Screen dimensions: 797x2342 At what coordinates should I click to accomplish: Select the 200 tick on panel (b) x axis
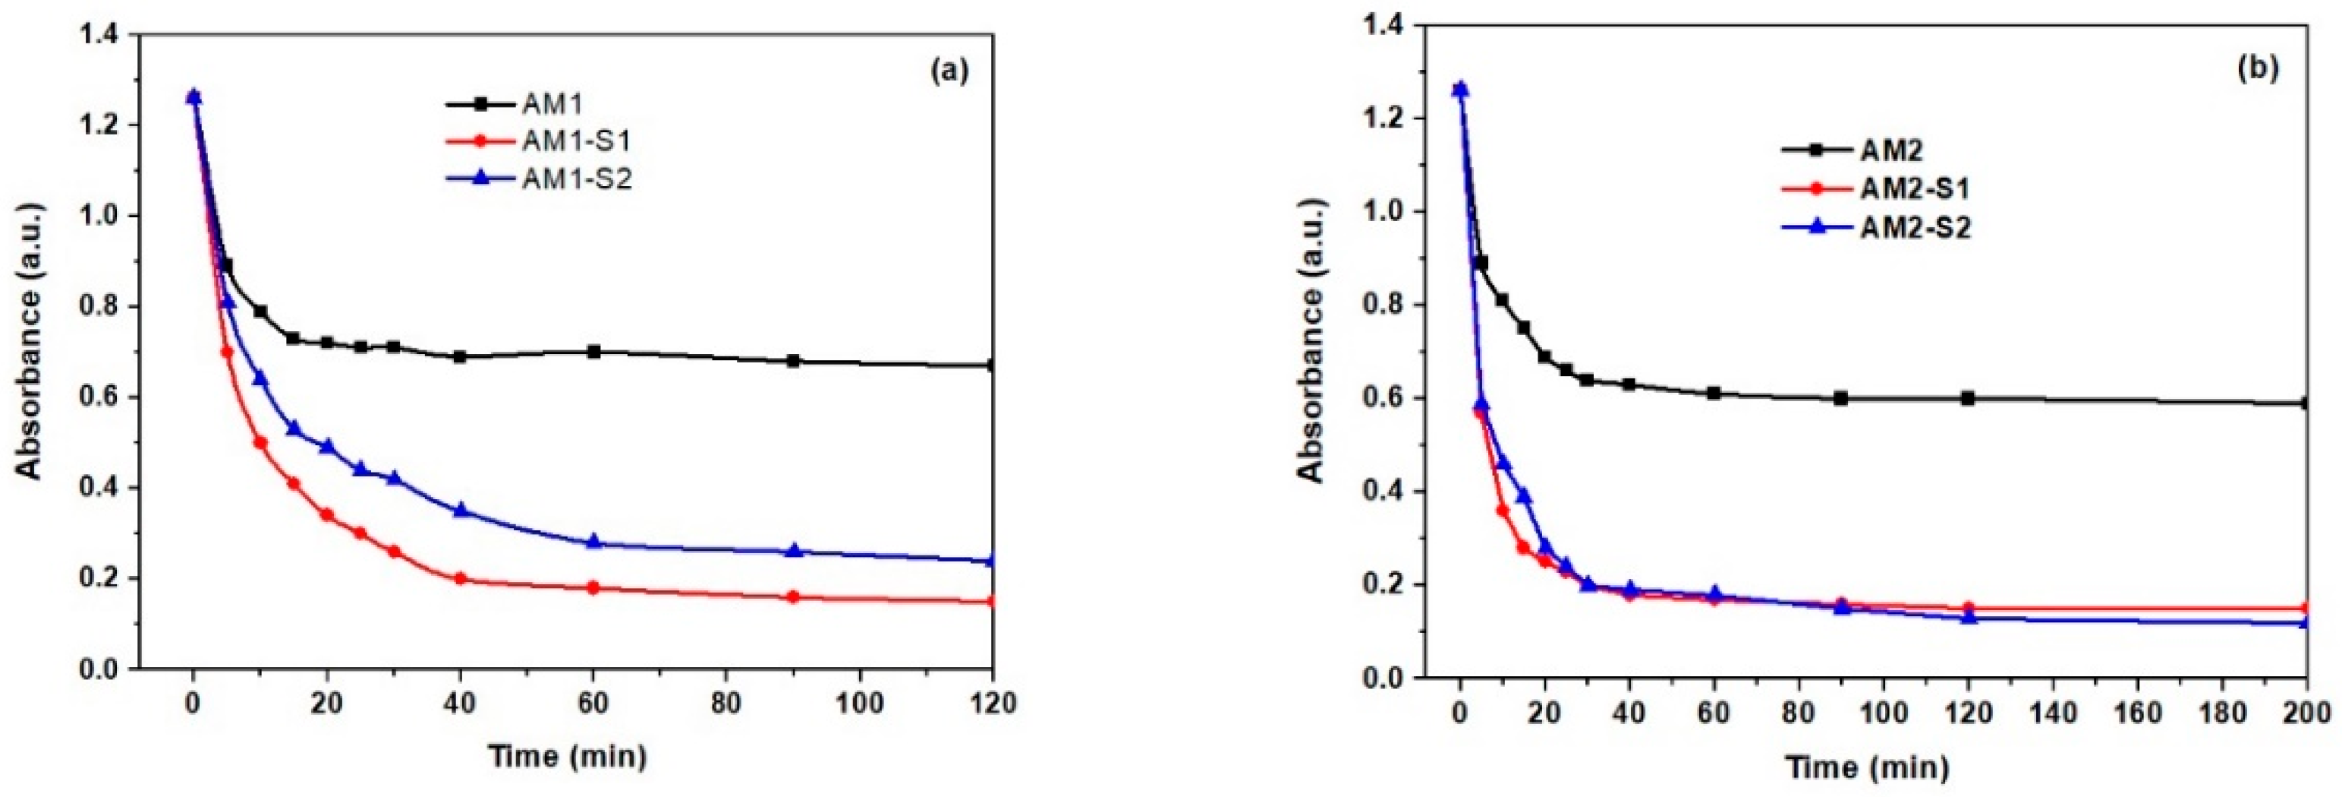2306,713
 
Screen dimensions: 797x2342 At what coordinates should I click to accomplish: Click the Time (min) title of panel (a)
568,755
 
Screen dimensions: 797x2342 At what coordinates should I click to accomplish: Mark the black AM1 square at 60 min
593,351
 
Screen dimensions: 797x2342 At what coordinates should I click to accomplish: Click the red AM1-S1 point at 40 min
460,579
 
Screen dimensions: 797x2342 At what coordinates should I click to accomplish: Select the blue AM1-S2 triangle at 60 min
593,542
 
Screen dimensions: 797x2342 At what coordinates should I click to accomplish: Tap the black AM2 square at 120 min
1969,398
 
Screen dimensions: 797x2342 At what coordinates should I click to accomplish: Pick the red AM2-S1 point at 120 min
1969,608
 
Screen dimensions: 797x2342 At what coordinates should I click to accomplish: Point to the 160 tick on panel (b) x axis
2137,713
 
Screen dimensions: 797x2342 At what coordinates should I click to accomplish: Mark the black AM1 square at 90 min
794,360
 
